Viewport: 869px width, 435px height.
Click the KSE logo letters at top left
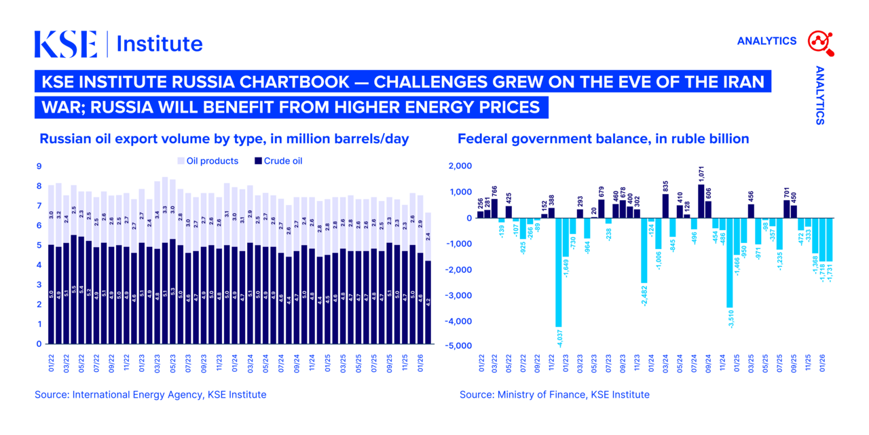(x=66, y=44)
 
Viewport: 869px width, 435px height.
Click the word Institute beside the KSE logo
(x=160, y=44)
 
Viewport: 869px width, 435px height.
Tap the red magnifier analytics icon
(x=820, y=42)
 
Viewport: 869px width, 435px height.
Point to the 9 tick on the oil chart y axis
(x=39, y=166)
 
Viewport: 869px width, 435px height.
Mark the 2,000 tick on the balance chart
(x=460, y=166)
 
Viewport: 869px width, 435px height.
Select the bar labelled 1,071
(x=701, y=201)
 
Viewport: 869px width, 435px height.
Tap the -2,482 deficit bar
(x=644, y=250)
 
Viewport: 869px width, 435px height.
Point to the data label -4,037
(x=559, y=337)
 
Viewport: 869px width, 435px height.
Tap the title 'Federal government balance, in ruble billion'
(x=603, y=138)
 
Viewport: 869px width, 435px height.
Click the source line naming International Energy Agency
(x=151, y=394)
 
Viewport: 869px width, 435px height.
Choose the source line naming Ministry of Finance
(x=554, y=394)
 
